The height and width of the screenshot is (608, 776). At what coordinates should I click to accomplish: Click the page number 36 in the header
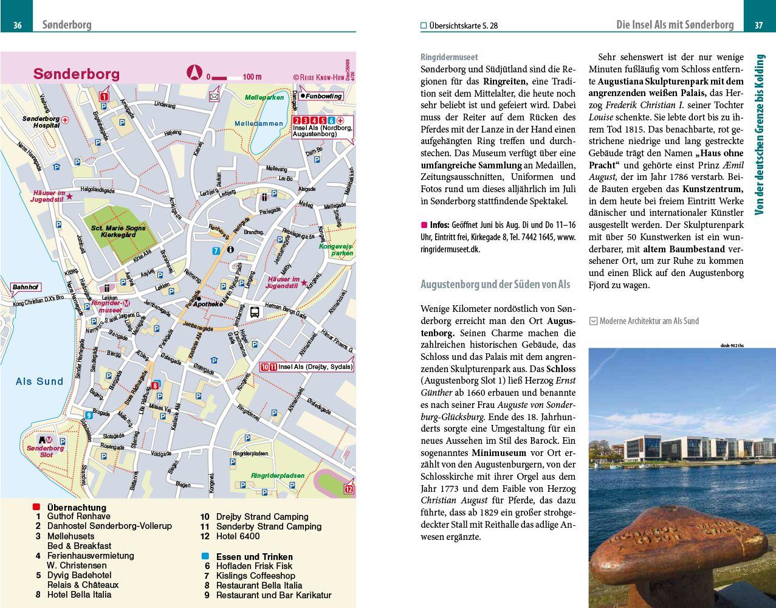tap(18, 25)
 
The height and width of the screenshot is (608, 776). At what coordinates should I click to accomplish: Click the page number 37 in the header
tap(758, 25)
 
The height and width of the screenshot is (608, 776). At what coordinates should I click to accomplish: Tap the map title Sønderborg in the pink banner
tap(77, 74)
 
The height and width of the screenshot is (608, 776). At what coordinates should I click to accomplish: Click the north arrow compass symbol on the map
tap(193, 73)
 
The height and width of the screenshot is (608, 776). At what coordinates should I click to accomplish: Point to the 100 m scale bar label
tap(252, 77)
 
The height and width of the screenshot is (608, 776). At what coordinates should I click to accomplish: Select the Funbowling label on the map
tap(323, 96)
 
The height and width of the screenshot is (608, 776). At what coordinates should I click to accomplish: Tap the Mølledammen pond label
tap(259, 123)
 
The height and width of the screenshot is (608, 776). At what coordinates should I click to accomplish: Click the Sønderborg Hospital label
tap(41, 122)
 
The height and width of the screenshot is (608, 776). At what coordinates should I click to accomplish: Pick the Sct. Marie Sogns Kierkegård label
tap(118, 232)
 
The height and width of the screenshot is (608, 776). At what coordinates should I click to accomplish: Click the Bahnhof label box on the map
tap(26, 287)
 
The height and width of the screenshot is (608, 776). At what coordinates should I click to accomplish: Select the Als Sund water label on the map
tap(39, 381)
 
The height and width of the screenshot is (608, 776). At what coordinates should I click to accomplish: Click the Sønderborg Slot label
tap(45, 451)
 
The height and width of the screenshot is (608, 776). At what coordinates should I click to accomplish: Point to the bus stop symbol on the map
tap(255, 312)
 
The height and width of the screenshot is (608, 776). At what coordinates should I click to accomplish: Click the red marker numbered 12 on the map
tap(349, 489)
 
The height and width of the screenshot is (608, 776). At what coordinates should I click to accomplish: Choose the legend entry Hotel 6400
tap(238, 536)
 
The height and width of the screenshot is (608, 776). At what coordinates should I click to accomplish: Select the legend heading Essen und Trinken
tap(254, 556)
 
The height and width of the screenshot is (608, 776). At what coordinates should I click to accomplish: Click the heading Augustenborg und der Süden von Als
tap(495, 284)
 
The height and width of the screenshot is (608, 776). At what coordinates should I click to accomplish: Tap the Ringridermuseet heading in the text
tap(449, 57)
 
